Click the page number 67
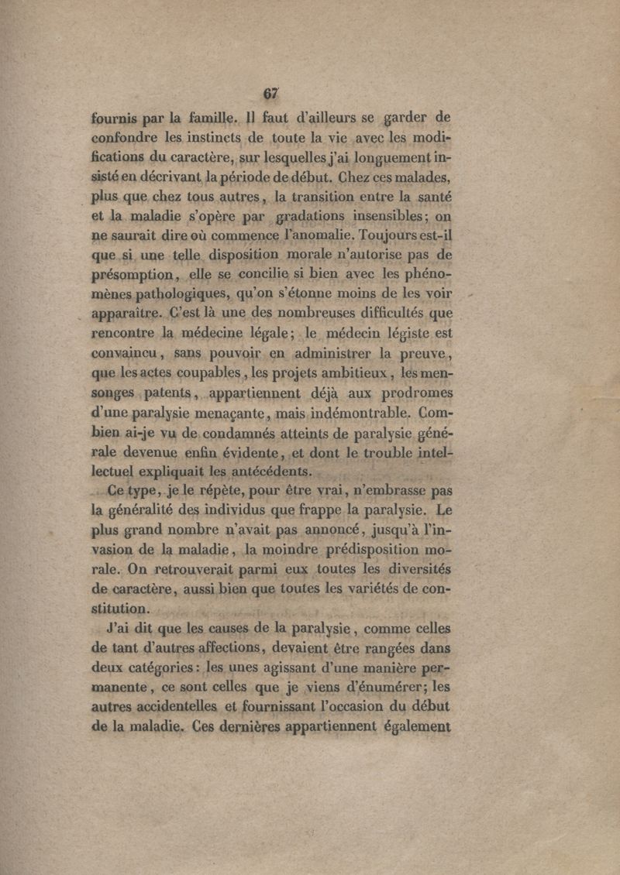pos(270,94)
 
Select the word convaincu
pos(124,358)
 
